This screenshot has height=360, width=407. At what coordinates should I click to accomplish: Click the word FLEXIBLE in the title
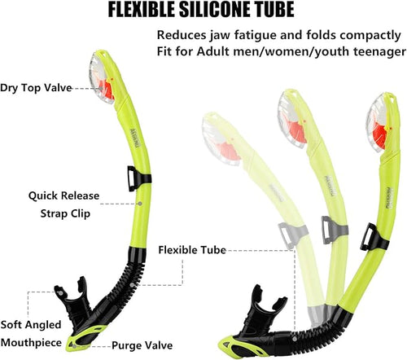[x=142, y=10]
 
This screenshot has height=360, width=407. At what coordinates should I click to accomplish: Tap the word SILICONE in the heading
[x=211, y=10]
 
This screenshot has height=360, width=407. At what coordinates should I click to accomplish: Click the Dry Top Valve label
[x=36, y=88]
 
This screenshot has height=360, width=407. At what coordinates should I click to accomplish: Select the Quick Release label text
[x=63, y=195]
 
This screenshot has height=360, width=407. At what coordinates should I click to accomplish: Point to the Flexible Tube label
[x=192, y=250]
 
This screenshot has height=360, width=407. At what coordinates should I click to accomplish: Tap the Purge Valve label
[x=142, y=345]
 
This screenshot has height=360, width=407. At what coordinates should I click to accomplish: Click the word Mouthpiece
[x=31, y=343]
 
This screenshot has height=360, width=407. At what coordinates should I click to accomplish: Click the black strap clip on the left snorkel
[x=139, y=178]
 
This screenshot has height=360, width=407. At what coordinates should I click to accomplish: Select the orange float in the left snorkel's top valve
[x=107, y=90]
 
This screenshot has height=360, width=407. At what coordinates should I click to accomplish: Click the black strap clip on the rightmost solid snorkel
[x=374, y=237]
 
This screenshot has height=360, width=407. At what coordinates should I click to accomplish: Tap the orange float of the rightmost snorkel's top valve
[x=379, y=136]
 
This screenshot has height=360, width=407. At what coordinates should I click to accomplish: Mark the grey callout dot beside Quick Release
[x=140, y=204]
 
